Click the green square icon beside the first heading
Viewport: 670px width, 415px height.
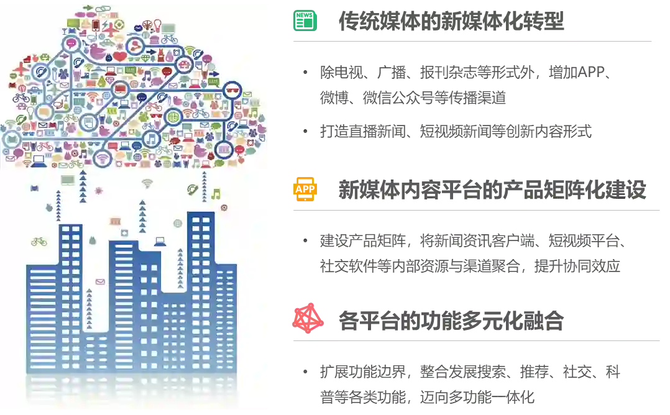(x=305, y=22)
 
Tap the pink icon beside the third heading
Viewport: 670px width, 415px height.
(x=308, y=319)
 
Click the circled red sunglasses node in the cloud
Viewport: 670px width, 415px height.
(x=232, y=91)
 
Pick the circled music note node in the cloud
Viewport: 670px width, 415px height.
(x=151, y=139)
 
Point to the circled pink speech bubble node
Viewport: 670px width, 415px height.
(x=72, y=43)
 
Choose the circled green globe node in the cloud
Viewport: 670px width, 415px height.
(x=174, y=116)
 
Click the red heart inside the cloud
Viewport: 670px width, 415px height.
(x=120, y=57)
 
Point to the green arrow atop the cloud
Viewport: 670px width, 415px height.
(x=88, y=8)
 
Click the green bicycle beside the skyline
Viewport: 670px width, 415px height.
(x=39, y=241)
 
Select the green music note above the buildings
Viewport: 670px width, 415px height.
(x=216, y=194)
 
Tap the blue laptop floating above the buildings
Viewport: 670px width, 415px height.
(x=160, y=241)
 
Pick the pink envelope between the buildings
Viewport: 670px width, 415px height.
(x=100, y=281)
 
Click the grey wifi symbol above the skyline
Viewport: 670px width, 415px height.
(x=147, y=183)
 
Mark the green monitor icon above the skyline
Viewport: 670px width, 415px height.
(x=68, y=180)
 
